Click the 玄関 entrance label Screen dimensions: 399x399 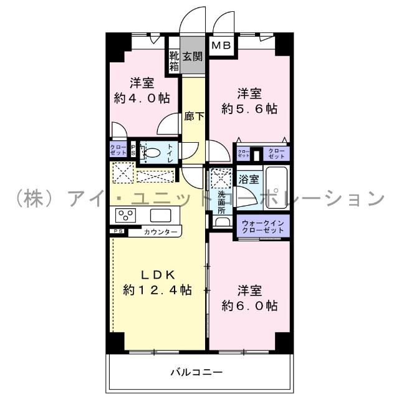(193, 57)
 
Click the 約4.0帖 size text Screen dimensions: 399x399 (142, 98)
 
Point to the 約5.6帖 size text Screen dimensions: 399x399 (249, 108)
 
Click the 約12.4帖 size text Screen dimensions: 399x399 (157, 290)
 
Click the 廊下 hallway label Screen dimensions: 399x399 (194, 116)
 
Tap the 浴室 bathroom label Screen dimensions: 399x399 (249, 180)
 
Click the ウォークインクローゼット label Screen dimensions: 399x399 (262, 225)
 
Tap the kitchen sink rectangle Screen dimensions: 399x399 (160, 216)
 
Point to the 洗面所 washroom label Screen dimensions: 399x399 (221, 202)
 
